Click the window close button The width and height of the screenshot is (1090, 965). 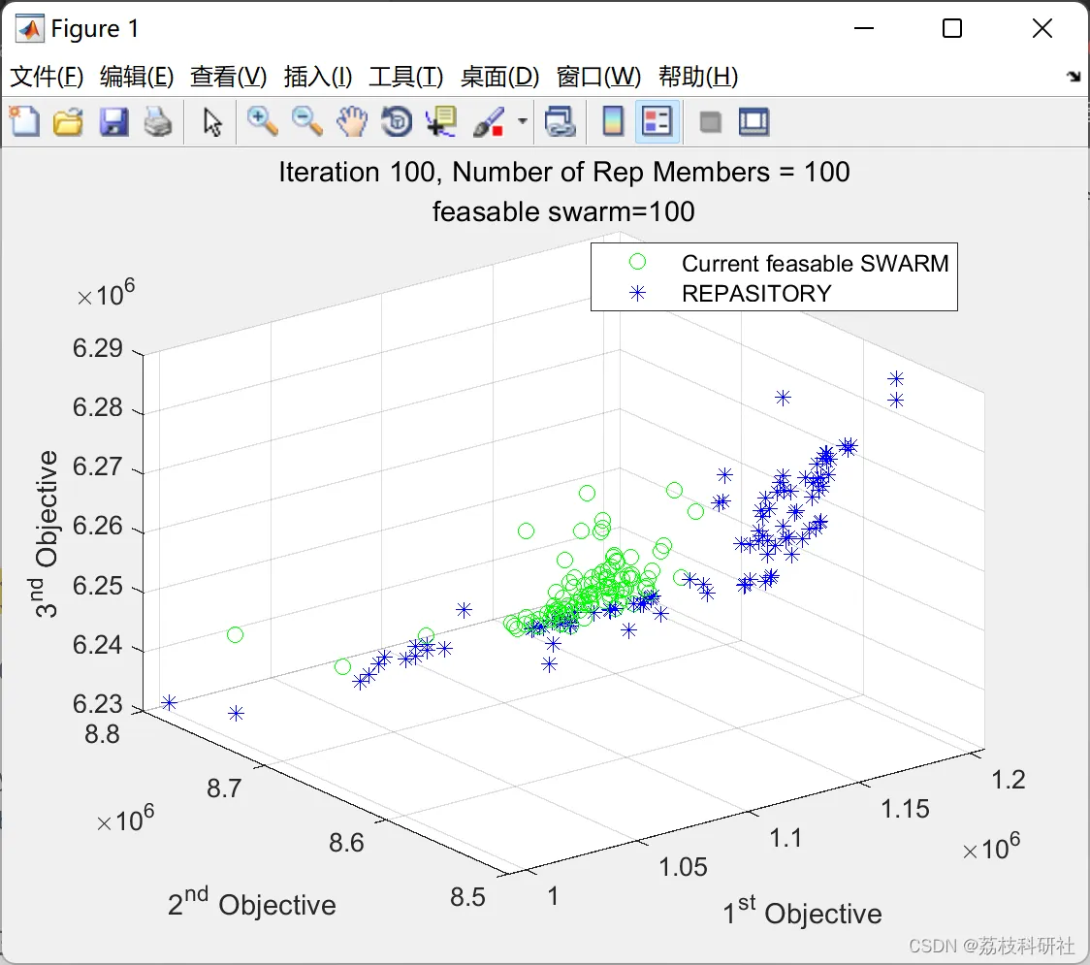[1042, 29]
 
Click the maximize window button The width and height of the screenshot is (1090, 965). [952, 29]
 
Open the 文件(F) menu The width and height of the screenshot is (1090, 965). [47, 77]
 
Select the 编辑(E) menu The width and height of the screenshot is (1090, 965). [137, 77]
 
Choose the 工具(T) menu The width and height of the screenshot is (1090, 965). [405, 77]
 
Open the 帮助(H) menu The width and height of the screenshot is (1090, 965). [697, 77]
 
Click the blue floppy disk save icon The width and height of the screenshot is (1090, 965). [113, 122]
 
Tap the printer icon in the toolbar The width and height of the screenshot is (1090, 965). [158, 122]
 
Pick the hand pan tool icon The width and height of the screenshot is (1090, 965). [352, 122]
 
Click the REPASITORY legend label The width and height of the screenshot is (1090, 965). [756, 293]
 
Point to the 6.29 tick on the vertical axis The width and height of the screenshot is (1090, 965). [98, 348]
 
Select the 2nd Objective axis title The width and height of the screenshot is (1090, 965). [251, 904]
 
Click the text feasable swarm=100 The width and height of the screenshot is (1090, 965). [563, 210]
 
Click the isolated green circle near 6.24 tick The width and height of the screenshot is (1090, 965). [235, 635]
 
